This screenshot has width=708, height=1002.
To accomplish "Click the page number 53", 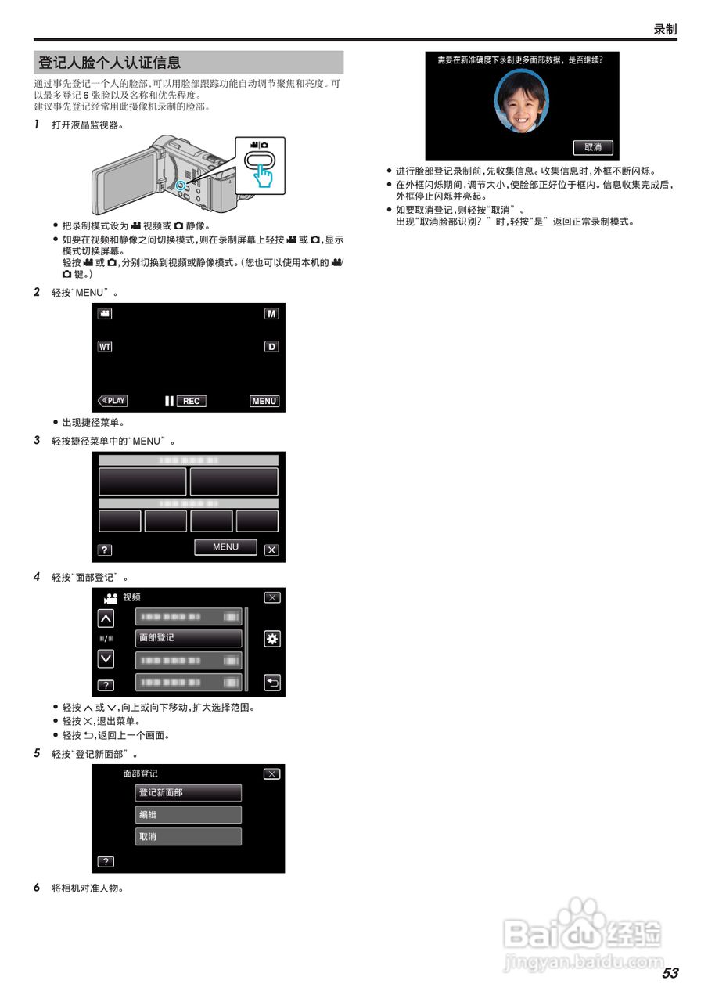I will click(x=670, y=973).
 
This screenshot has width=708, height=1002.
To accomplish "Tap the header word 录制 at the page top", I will click(x=665, y=29).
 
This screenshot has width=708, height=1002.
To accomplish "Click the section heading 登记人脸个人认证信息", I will click(x=110, y=63).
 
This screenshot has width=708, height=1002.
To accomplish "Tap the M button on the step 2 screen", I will click(x=271, y=313).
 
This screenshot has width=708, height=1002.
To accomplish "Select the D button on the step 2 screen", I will click(x=271, y=346).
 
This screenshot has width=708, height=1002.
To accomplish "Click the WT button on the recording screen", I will click(x=105, y=346).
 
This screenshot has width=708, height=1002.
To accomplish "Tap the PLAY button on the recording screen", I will click(x=113, y=401).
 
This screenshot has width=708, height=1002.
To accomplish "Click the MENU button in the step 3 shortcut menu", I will click(x=225, y=547).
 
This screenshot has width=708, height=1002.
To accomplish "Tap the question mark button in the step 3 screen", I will click(x=104, y=550).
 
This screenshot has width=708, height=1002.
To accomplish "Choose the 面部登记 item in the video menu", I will click(x=189, y=638).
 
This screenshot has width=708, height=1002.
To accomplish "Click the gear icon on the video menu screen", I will click(x=271, y=639).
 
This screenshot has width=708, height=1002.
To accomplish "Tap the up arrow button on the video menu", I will click(x=105, y=618).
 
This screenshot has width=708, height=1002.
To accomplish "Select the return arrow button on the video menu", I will click(x=271, y=683).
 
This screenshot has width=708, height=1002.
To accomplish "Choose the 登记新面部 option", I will click(x=189, y=792).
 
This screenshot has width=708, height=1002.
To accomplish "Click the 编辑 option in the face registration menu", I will click(x=189, y=814).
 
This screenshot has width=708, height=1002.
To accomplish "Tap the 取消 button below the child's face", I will click(x=593, y=147).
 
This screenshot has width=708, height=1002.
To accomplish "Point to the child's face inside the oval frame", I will click(x=522, y=102).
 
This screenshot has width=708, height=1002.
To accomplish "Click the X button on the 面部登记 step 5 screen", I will click(x=271, y=774).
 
